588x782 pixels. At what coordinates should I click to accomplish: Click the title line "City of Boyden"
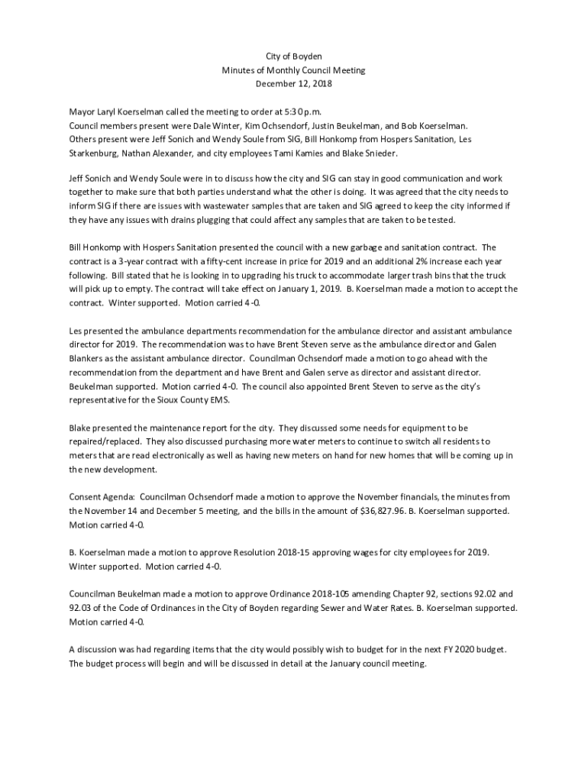(294, 57)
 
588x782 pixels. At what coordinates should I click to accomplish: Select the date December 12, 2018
(294, 83)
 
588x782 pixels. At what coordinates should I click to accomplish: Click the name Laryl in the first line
(108, 112)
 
